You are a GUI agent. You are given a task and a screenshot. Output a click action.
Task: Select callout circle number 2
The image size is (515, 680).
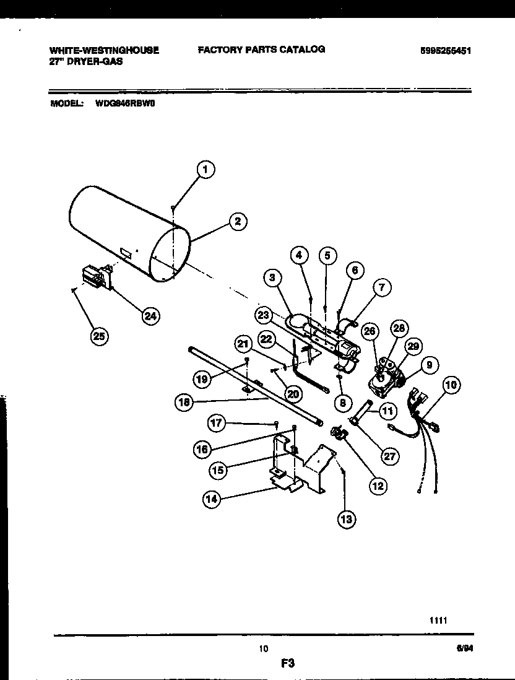pyautogui.click(x=236, y=221)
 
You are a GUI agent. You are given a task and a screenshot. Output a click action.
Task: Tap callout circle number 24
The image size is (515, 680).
pyautogui.click(x=149, y=315)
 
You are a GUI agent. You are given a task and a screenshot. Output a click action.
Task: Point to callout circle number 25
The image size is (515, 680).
pyautogui.click(x=98, y=336)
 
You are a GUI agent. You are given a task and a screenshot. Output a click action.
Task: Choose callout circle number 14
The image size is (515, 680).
pyautogui.click(x=212, y=499)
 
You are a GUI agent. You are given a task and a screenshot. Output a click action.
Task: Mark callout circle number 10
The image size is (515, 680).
pyautogui.click(x=452, y=385)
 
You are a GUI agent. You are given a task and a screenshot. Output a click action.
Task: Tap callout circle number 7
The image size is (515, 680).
pyautogui.click(x=382, y=287)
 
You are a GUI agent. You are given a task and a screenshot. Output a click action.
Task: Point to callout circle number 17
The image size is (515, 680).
pyautogui.click(x=215, y=423)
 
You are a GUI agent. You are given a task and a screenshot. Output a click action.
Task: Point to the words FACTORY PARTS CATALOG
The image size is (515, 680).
pyautogui.click(x=261, y=49)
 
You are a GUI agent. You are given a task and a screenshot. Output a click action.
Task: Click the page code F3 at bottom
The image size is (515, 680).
pyautogui.click(x=285, y=663)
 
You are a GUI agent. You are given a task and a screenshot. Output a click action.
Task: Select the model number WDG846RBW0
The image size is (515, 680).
pyautogui.click(x=124, y=104)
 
